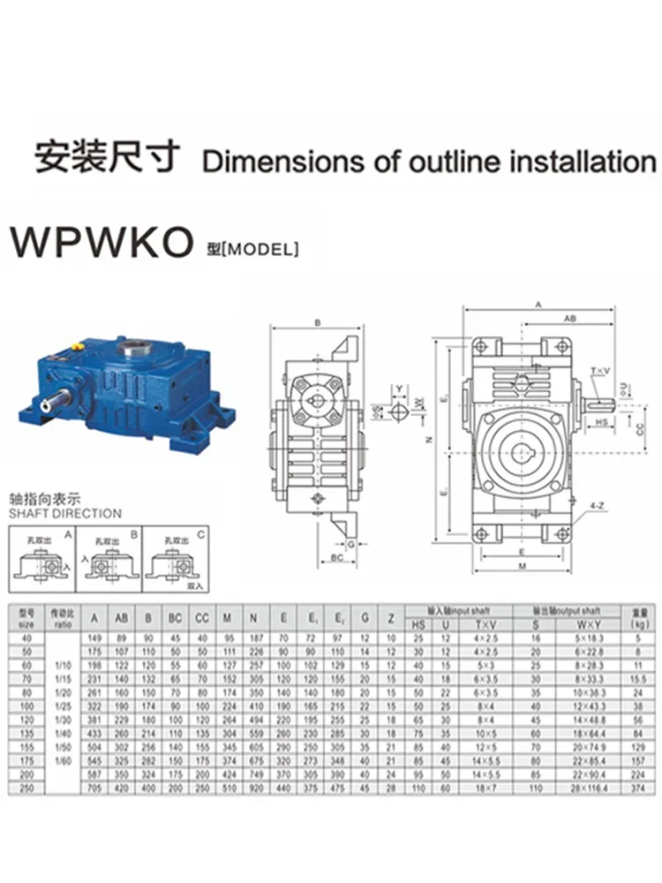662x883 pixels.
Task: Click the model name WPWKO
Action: (x=101, y=243)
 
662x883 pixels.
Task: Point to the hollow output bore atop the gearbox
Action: (x=135, y=346)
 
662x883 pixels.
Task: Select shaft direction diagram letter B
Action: (x=133, y=535)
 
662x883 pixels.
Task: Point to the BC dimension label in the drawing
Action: (x=336, y=558)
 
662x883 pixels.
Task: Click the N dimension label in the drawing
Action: (x=428, y=439)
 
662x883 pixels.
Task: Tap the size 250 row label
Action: (x=26, y=789)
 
